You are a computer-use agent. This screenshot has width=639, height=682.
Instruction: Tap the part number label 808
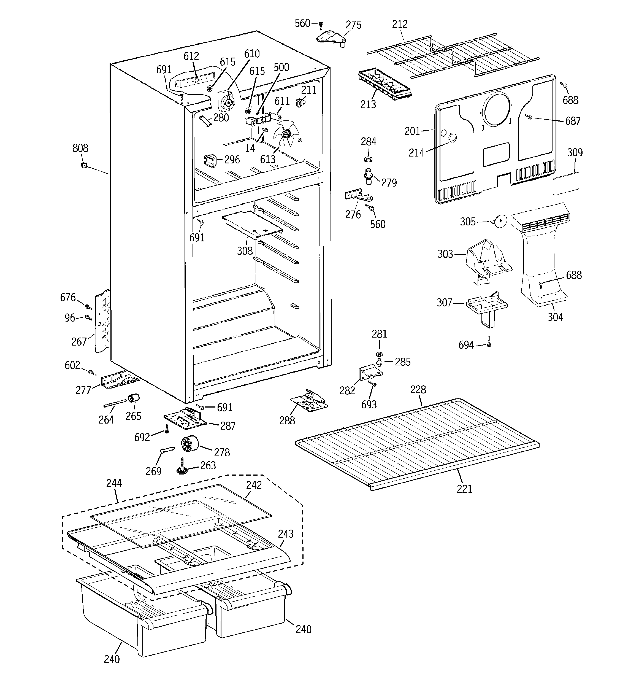pos(80,148)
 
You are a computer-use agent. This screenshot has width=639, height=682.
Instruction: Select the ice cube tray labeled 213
pos(384,84)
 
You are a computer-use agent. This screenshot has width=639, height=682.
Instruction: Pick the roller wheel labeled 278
pos(189,444)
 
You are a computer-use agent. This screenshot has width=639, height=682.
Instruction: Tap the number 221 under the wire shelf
pos(464,489)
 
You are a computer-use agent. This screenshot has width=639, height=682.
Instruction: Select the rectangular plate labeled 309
pos(566,184)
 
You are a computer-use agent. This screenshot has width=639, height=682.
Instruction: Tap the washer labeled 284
pos(368,159)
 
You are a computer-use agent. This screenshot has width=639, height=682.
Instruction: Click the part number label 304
pos(555,317)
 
